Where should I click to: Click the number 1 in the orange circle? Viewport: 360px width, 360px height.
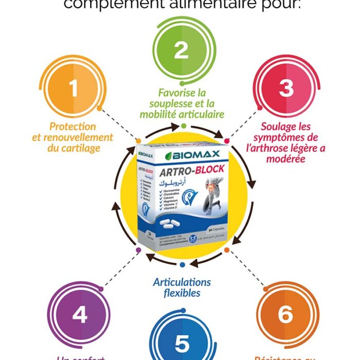(74, 88)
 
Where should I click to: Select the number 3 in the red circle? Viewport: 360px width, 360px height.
(286, 88)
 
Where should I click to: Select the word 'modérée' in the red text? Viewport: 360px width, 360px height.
(286, 159)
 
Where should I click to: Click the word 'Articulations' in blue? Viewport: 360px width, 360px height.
(182, 282)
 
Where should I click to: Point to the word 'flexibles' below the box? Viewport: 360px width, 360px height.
(182, 294)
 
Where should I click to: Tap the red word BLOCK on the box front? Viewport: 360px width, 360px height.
(205, 171)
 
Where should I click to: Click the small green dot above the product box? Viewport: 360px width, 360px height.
(182, 125)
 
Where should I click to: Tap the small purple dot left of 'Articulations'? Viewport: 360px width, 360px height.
(138, 250)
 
